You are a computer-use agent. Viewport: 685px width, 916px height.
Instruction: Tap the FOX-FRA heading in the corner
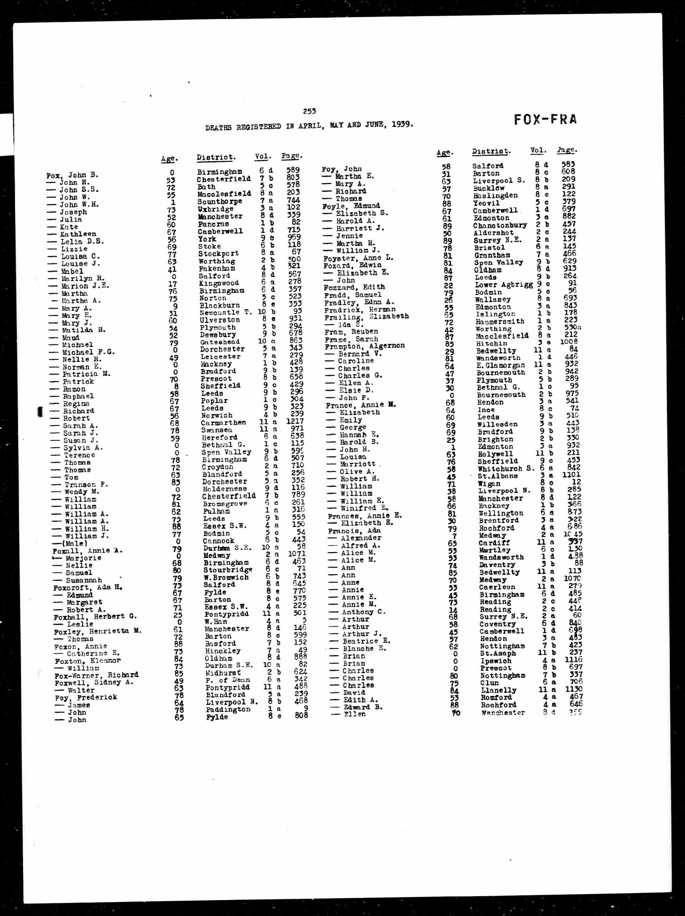click(545, 120)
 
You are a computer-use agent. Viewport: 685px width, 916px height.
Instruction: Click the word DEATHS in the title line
click(218, 128)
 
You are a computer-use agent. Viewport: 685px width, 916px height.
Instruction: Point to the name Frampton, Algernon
click(365, 346)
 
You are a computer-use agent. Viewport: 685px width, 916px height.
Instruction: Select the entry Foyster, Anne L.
click(358, 258)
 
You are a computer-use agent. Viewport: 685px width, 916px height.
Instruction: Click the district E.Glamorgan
click(500, 365)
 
